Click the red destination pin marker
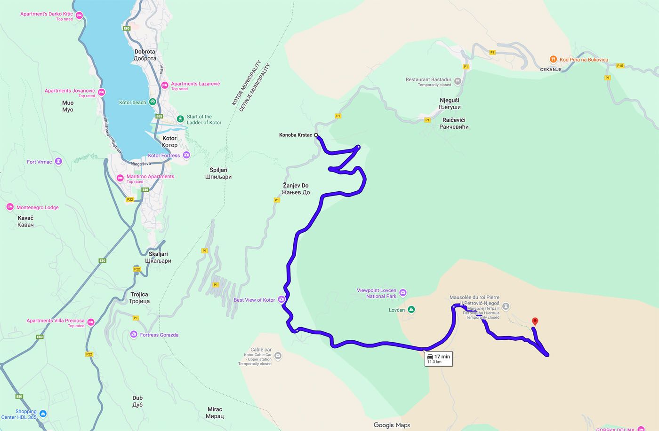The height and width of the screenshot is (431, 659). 534,322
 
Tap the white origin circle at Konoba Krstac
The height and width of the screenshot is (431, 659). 316,135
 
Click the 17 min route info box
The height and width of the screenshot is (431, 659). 439,359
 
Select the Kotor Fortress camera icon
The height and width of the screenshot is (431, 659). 186,155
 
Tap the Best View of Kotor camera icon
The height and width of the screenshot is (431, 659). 281,299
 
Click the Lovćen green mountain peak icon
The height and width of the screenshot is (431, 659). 411,310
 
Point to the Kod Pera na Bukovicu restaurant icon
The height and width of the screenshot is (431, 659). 554,59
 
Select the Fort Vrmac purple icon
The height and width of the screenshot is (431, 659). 58,162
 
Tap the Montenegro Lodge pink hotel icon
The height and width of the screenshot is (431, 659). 10,207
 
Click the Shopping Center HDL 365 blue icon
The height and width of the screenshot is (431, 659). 43,414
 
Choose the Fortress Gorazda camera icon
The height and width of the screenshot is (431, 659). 134,335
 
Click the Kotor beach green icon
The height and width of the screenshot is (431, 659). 153,102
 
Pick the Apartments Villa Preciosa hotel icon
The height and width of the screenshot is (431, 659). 91,322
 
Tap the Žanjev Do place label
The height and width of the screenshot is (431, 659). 295,189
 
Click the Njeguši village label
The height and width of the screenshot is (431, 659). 449,104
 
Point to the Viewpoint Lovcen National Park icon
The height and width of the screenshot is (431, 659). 403,293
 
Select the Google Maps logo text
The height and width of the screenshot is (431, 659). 392,425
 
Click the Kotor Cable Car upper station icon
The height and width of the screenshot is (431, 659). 278,356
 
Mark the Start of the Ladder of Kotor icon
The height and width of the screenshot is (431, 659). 180,119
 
